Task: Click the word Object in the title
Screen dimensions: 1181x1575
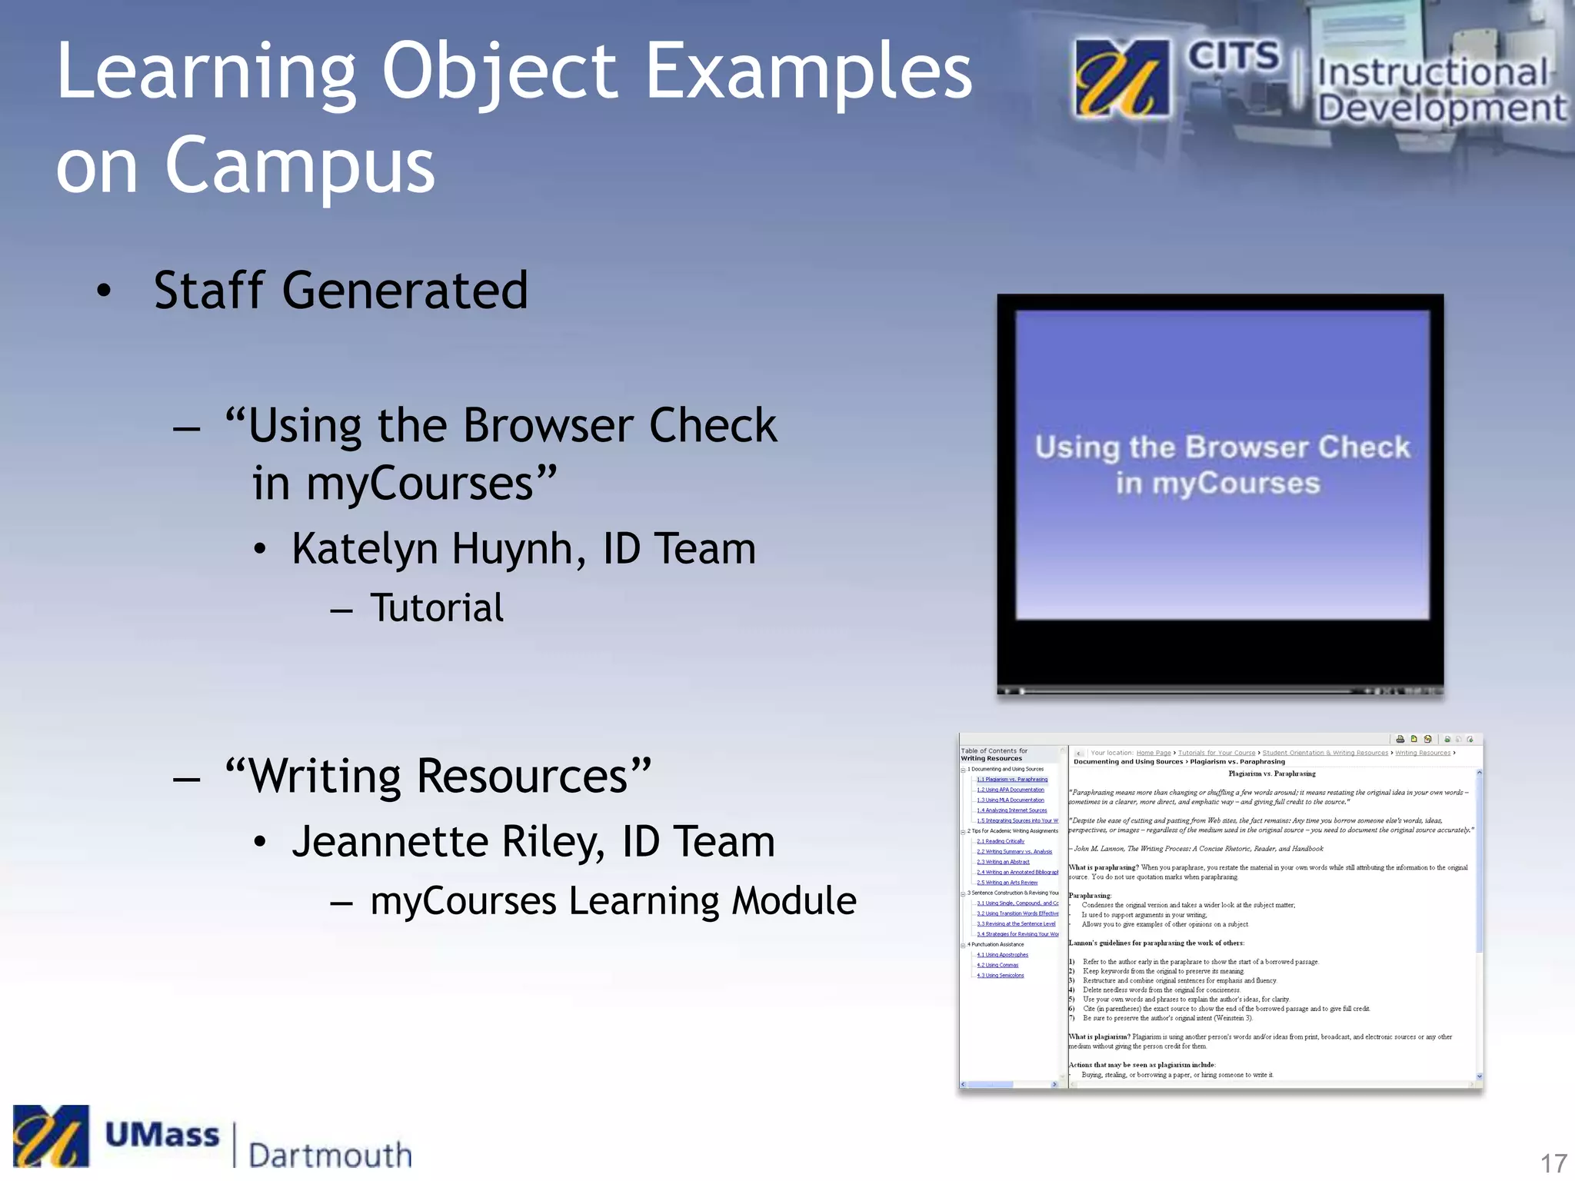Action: click(x=500, y=73)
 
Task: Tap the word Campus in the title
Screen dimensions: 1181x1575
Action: click(x=300, y=165)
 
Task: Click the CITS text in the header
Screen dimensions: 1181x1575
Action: click(x=1233, y=57)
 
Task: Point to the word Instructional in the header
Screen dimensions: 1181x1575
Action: click(x=1432, y=73)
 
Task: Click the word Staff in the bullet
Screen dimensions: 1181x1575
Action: click(x=209, y=291)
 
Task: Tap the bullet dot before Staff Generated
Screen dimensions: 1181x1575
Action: click(x=104, y=291)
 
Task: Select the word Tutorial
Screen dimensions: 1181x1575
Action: click(x=437, y=608)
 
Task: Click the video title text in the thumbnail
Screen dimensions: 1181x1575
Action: click(x=1221, y=465)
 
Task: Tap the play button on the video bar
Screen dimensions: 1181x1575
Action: click(x=1007, y=691)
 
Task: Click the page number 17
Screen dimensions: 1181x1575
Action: click(x=1553, y=1163)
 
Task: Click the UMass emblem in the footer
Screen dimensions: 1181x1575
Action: click(x=51, y=1136)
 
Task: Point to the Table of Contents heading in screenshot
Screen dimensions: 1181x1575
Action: click(x=994, y=754)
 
